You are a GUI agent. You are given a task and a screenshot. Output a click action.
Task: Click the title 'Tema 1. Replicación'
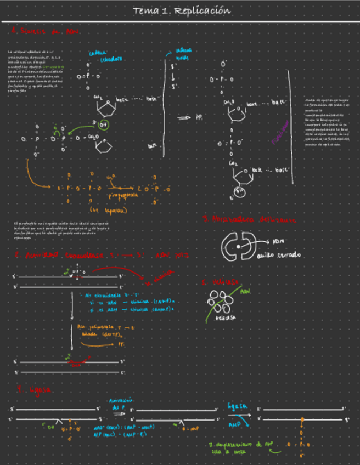click(x=181, y=11)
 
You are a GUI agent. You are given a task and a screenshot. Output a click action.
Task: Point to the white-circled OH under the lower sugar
click(x=240, y=191)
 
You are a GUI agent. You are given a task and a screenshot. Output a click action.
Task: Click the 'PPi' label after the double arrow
click(x=199, y=117)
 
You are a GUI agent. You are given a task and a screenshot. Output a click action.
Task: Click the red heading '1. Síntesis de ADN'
click(x=47, y=32)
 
